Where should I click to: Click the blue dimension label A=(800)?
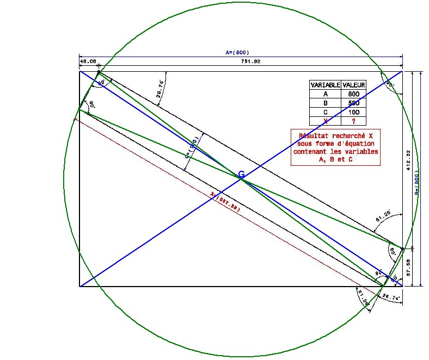tap(237, 53)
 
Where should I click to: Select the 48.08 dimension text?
tap(88, 62)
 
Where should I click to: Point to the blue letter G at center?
tap(241, 174)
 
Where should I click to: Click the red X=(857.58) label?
tap(225, 202)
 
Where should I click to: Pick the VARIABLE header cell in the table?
tap(325, 85)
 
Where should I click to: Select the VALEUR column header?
tap(354, 85)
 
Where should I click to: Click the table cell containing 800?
tap(354, 94)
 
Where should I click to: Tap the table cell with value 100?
tap(354, 112)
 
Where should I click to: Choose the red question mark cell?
tap(354, 121)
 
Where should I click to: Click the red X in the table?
tap(325, 121)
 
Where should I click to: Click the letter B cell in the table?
tap(325, 103)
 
